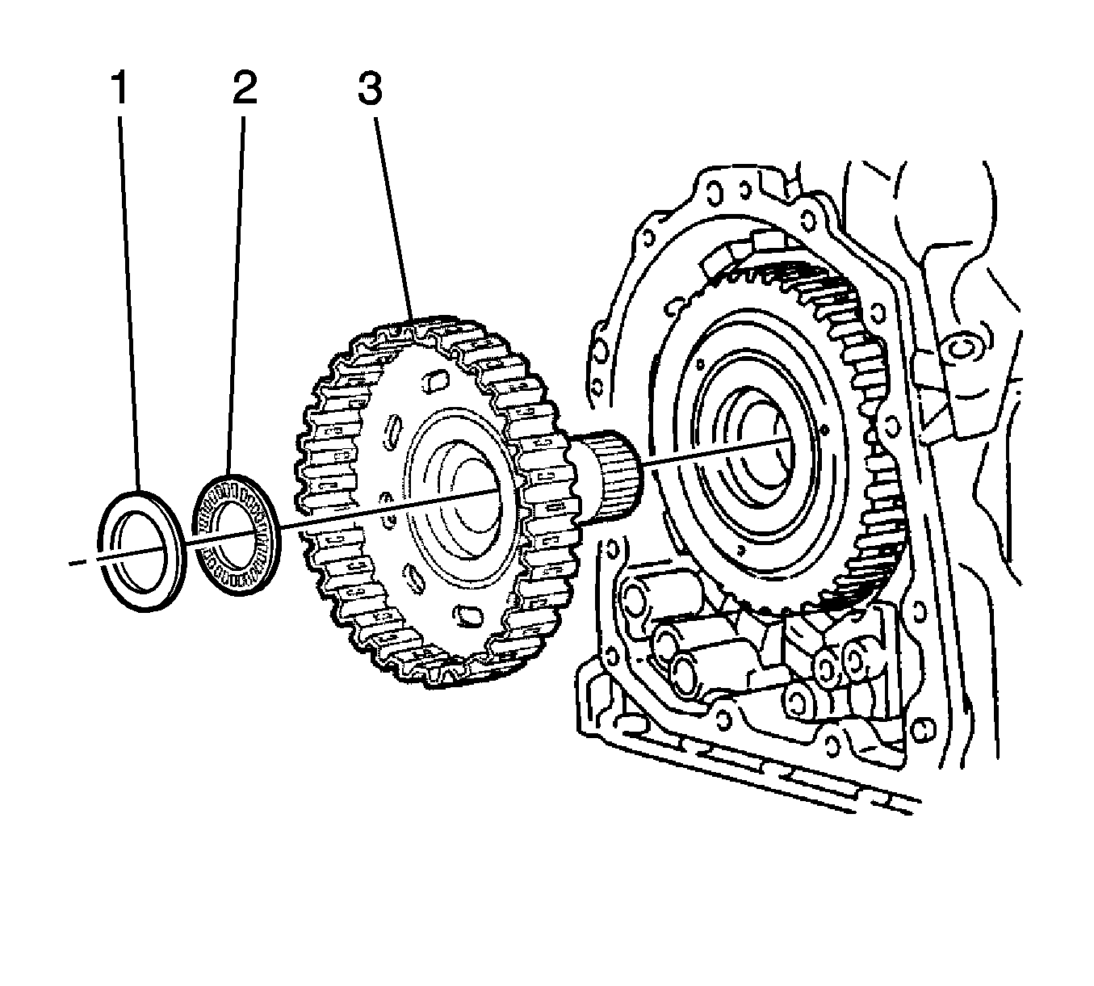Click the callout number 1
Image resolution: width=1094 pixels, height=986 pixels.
(x=119, y=88)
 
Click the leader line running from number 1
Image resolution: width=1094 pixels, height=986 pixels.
(x=129, y=307)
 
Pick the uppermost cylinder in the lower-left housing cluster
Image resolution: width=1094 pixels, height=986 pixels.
(x=634, y=598)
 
